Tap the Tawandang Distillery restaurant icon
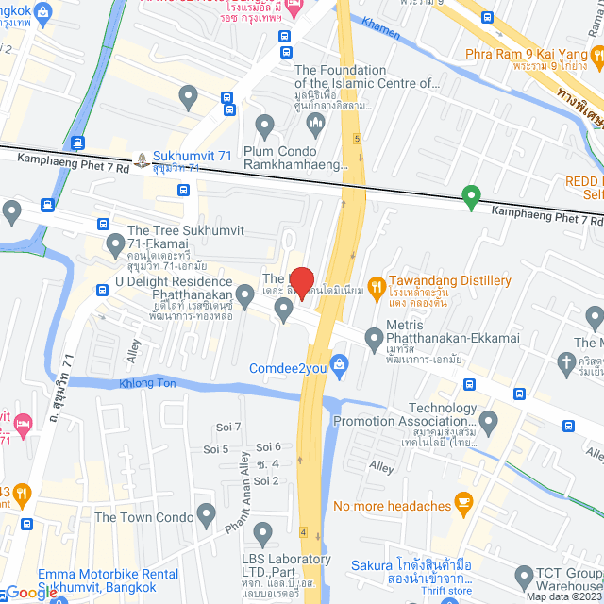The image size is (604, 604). pyautogui.click(x=376, y=284)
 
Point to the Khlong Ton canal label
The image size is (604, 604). pyautogui.click(x=148, y=384)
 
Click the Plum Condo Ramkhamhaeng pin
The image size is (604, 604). pyautogui.click(x=265, y=125)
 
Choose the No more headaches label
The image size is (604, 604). pyautogui.click(x=392, y=506)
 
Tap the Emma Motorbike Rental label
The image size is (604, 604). pyautogui.click(x=95, y=580)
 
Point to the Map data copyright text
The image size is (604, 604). pyautogui.click(x=563, y=596)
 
